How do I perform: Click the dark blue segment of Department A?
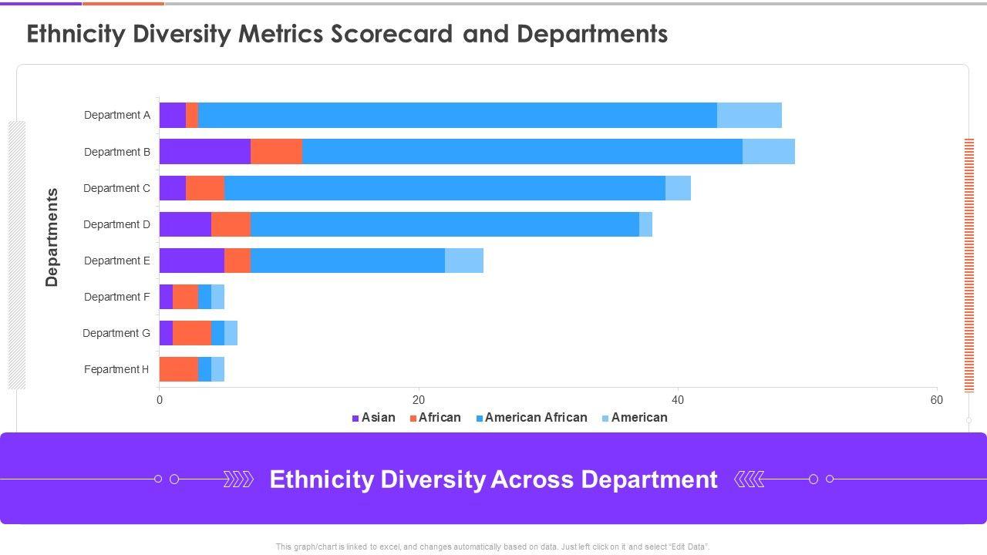pos(457,115)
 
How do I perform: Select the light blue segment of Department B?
pos(768,152)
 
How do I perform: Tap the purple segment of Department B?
pos(204,152)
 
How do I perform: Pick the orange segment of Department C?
pos(205,188)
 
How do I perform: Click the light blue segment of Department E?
pos(464,261)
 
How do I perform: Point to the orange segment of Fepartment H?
pos(179,369)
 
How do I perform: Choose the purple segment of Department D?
pos(185,224)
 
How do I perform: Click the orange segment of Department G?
pos(192,333)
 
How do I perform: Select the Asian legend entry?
pos(374,418)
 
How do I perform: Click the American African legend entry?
pos(531,418)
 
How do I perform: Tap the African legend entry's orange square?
pos(413,419)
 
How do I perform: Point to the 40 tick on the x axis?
pos(677,400)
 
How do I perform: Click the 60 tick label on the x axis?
pos(936,400)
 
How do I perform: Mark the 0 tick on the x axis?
pos(160,400)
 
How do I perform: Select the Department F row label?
pos(117,297)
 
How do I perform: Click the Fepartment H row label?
pos(116,369)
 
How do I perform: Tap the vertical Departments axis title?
pos(52,237)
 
